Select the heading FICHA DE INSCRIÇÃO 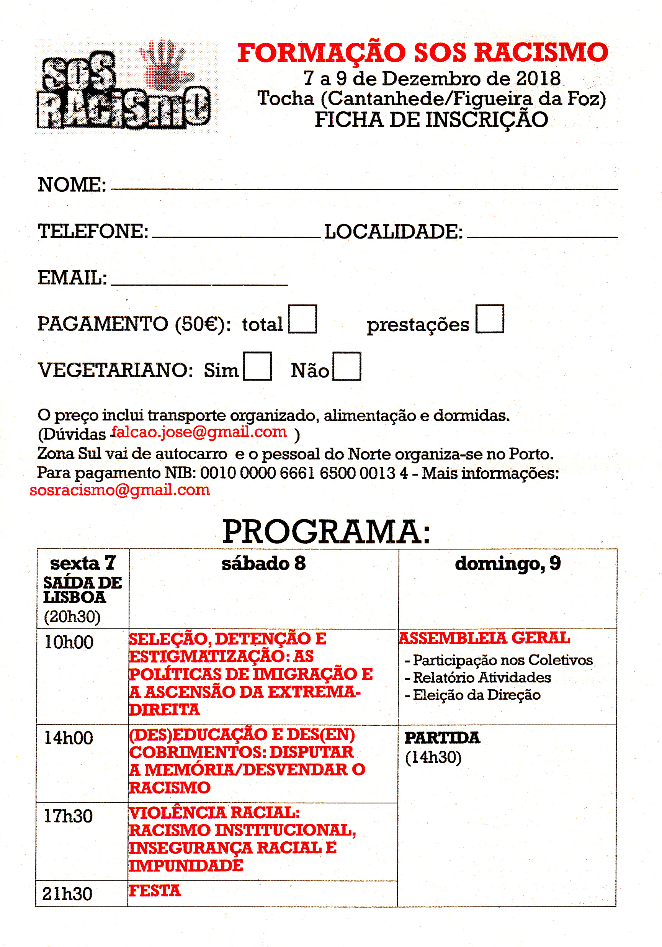point(432,120)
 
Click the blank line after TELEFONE point(236,235)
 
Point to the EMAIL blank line point(199,283)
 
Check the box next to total point(302,319)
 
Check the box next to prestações point(490,319)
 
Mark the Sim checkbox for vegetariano point(257,366)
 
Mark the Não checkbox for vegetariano point(347,366)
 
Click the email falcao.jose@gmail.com point(199,432)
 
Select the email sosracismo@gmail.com point(119,490)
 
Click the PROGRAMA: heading point(326,532)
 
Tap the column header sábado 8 point(263,563)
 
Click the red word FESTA point(155,891)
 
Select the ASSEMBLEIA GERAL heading point(485,638)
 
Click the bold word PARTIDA point(443,738)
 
